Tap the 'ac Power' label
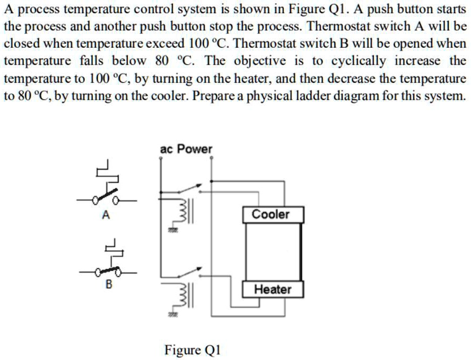(186, 149)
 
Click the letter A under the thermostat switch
(106, 215)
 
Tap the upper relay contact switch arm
(188, 189)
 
